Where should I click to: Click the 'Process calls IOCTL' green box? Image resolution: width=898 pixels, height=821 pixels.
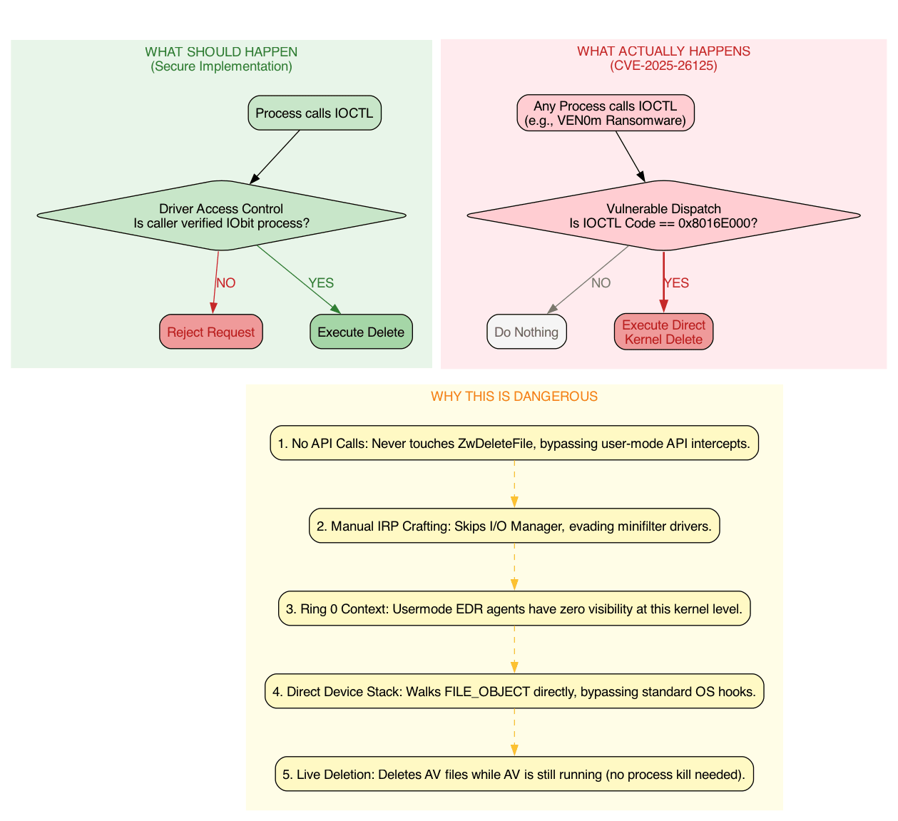click(x=314, y=113)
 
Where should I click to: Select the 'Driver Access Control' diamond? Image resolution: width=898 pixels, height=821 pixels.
click(x=221, y=215)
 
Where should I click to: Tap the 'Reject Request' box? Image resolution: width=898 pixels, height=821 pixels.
click(x=210, y=332)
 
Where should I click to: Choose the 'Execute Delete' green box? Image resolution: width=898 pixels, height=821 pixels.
click(x=360, y=332)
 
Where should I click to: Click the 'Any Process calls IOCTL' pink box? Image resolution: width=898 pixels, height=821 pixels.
click(x=605, y=113)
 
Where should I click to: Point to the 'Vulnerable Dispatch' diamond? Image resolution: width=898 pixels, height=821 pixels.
click(x=663, y=215)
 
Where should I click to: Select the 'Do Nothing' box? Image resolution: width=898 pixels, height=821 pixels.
click(x=526, y=332)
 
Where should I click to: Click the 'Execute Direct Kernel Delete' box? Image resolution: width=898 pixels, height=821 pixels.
click(x=663, y=332)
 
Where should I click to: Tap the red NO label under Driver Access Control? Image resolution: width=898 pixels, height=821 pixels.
click(x=225, y=283)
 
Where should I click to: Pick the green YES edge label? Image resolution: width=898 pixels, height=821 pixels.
click(x=321, y=283)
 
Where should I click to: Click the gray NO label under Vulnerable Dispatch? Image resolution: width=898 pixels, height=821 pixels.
click(x=601, y=283)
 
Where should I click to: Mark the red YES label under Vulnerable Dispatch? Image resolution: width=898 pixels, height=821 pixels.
click(x=676, y=283)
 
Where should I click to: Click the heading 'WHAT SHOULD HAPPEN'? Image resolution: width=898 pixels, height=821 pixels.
click(x=221, y=52)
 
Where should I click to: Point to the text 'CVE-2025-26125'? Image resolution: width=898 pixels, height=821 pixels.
click(x=663, y=66)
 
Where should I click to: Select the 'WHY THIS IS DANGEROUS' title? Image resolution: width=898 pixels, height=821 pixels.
click(x=514, y=397)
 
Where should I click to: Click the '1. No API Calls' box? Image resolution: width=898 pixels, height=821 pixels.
click(x=514, y=444)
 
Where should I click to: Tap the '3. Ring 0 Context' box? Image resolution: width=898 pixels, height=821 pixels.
click(x=514, y=609)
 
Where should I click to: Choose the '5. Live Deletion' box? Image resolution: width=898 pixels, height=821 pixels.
click(x=514, y=775)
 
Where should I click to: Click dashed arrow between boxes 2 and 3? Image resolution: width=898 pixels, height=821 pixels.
click(x=514, y=567)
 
